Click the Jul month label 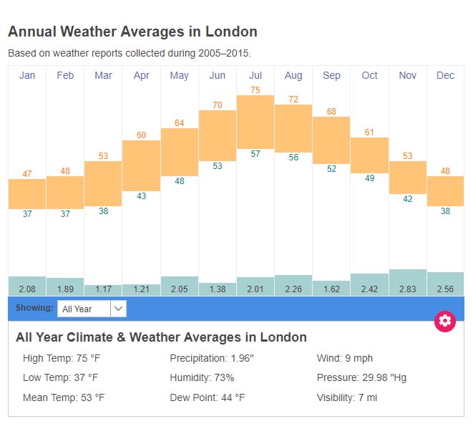click(x=255, y=75)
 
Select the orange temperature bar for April click(x=141, y=165)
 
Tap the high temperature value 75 click(x=255, y=90)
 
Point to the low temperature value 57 click(x=255, y=154)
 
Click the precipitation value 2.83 click(x=407, y=289)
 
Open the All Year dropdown click(x=92, y=309)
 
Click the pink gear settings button click(x=445, y=321)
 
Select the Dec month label click(x=445, y=75)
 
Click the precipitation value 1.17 click(x=103, y=289)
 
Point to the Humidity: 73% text click(x=202, y=377)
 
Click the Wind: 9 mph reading click(x=345, y=358)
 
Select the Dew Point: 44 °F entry click(x=208, y=397)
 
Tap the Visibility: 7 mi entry click(x=346, y=397)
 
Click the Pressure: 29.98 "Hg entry click(x=361, y=377)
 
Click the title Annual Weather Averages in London click(x=132, y=32)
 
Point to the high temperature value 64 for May click(x=180, y=123)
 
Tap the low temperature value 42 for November click(x=407, y=199)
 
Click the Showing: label click(x=34, y=308)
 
